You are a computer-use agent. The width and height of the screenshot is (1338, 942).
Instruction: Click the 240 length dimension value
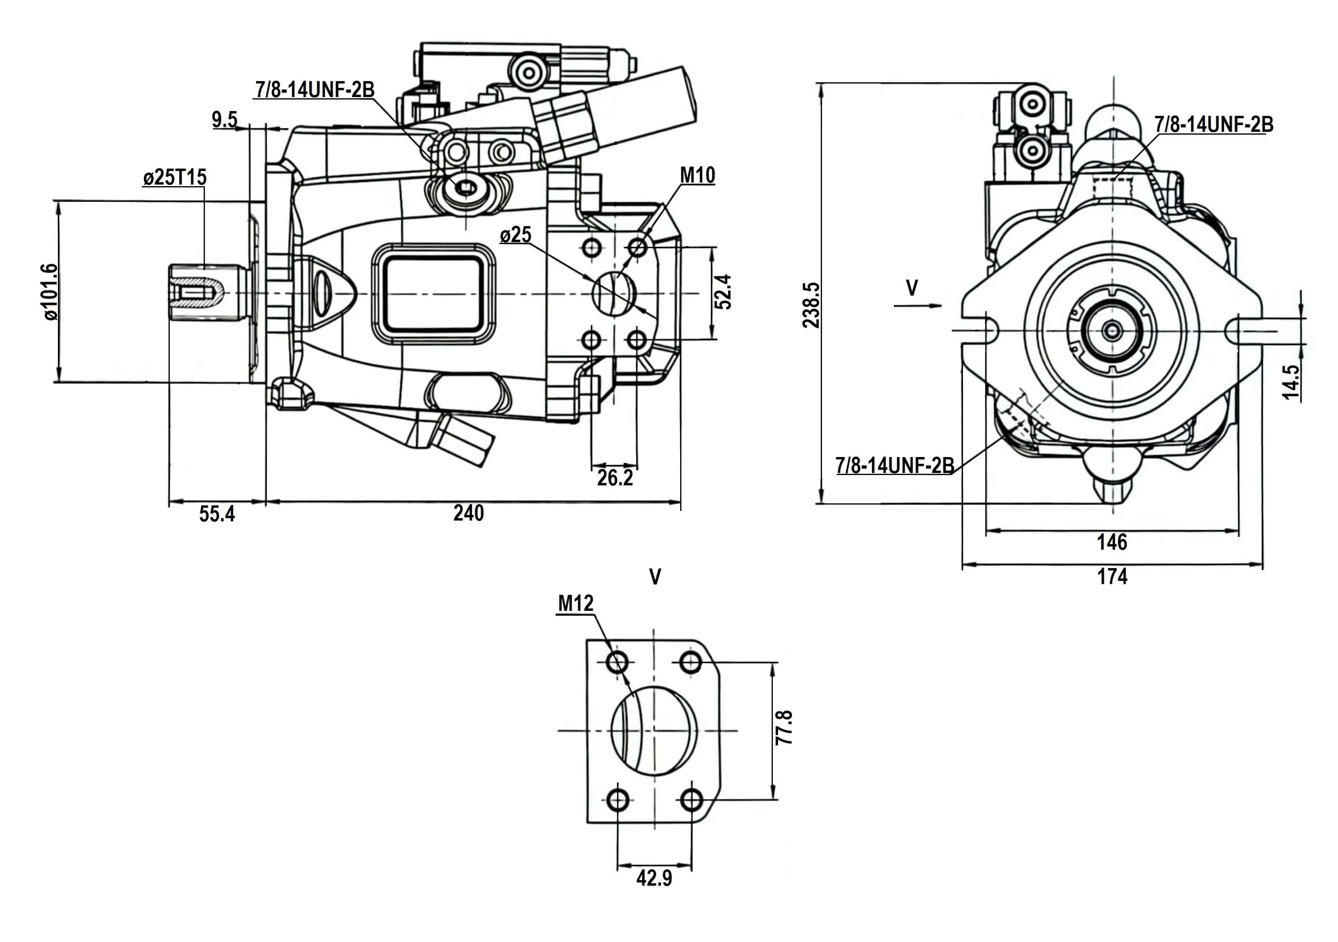(468, 514)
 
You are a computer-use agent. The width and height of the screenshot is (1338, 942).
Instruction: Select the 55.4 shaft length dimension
(217, 514)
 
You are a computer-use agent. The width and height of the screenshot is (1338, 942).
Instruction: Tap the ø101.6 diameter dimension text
(50, 292)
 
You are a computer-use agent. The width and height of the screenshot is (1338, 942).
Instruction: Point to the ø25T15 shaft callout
(175, 177)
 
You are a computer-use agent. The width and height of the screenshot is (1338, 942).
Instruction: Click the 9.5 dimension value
(224, 120)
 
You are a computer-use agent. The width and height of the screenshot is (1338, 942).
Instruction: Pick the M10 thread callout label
(697, 175)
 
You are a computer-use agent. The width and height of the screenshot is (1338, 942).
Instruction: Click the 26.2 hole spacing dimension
(615, 478)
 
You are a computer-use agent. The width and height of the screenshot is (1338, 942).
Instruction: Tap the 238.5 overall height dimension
(812, 305)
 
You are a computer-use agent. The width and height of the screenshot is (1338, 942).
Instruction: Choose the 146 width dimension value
(1112, 542)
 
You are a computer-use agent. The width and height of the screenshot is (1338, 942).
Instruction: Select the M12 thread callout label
(576, 603)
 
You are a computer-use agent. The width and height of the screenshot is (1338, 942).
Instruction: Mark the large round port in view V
(654, 730)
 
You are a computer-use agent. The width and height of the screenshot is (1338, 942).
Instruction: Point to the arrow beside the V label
(917, 305)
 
